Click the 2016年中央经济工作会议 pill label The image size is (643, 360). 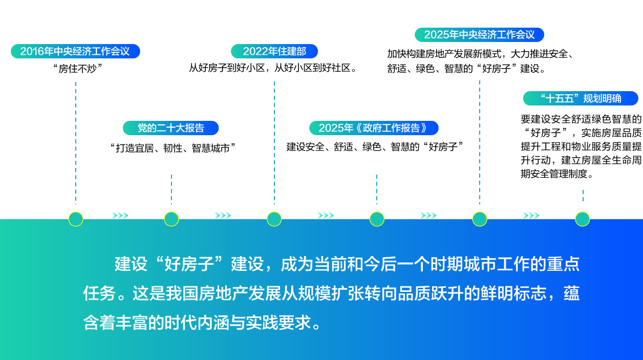75,51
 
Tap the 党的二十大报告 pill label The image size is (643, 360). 170,128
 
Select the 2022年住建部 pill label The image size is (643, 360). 274,51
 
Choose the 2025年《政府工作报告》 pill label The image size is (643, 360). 374,128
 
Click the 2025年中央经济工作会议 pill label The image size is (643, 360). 479,35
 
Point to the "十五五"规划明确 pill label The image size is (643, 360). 581,98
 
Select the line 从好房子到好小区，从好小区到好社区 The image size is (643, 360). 273,68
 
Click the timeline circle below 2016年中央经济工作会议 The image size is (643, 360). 76,219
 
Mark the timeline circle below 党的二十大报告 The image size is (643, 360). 172,219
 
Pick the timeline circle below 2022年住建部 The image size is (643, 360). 274,219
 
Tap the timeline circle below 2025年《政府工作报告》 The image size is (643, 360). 377,219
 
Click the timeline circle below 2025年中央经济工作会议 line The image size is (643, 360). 480,219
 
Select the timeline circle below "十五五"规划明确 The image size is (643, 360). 583,219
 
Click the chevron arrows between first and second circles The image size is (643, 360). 120,216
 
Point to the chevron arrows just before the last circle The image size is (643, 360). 531,216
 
